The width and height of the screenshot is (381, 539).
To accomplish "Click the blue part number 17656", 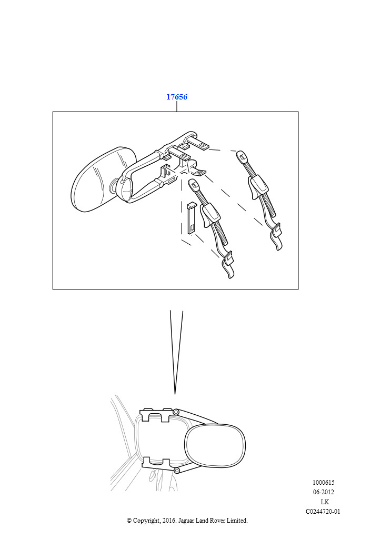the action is click(177, 97).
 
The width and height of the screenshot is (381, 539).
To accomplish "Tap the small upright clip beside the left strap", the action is click(190, 218).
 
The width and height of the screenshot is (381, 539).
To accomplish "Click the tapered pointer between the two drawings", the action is click(176, 352).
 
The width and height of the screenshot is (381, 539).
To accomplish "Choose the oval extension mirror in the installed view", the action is click(215, 445).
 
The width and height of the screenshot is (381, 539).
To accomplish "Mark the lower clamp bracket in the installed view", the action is click(157, 463).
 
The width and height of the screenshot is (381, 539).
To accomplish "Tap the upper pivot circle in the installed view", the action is click(176, 412).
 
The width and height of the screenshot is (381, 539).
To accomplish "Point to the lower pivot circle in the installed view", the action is click(177, 470).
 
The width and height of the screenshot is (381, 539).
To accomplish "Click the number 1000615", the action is click(323, 483).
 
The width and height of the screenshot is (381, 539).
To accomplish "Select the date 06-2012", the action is click(323, 492).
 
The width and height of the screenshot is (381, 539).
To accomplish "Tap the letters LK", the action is click(325, 502).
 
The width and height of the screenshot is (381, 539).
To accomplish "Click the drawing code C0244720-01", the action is click(323, 512).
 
